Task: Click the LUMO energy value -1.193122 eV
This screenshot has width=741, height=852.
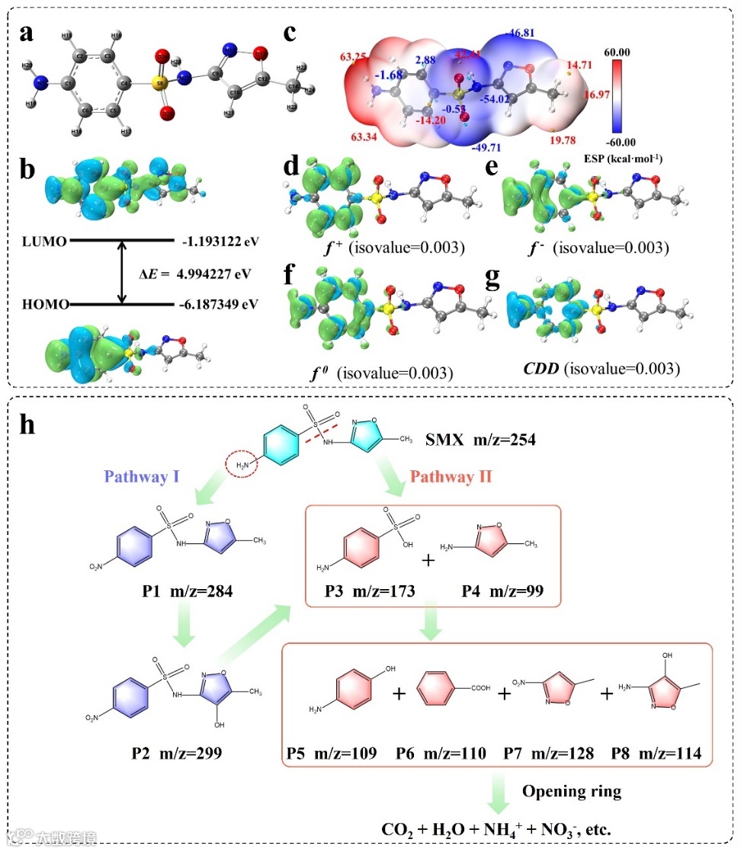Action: coord(220,242)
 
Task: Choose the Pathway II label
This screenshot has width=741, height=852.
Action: coord(451,478)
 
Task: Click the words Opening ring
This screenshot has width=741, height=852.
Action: coord(571,792)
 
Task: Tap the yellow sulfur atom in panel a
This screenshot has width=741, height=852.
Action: coord(163,81)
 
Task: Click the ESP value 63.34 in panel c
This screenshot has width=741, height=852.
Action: coord(366,138)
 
